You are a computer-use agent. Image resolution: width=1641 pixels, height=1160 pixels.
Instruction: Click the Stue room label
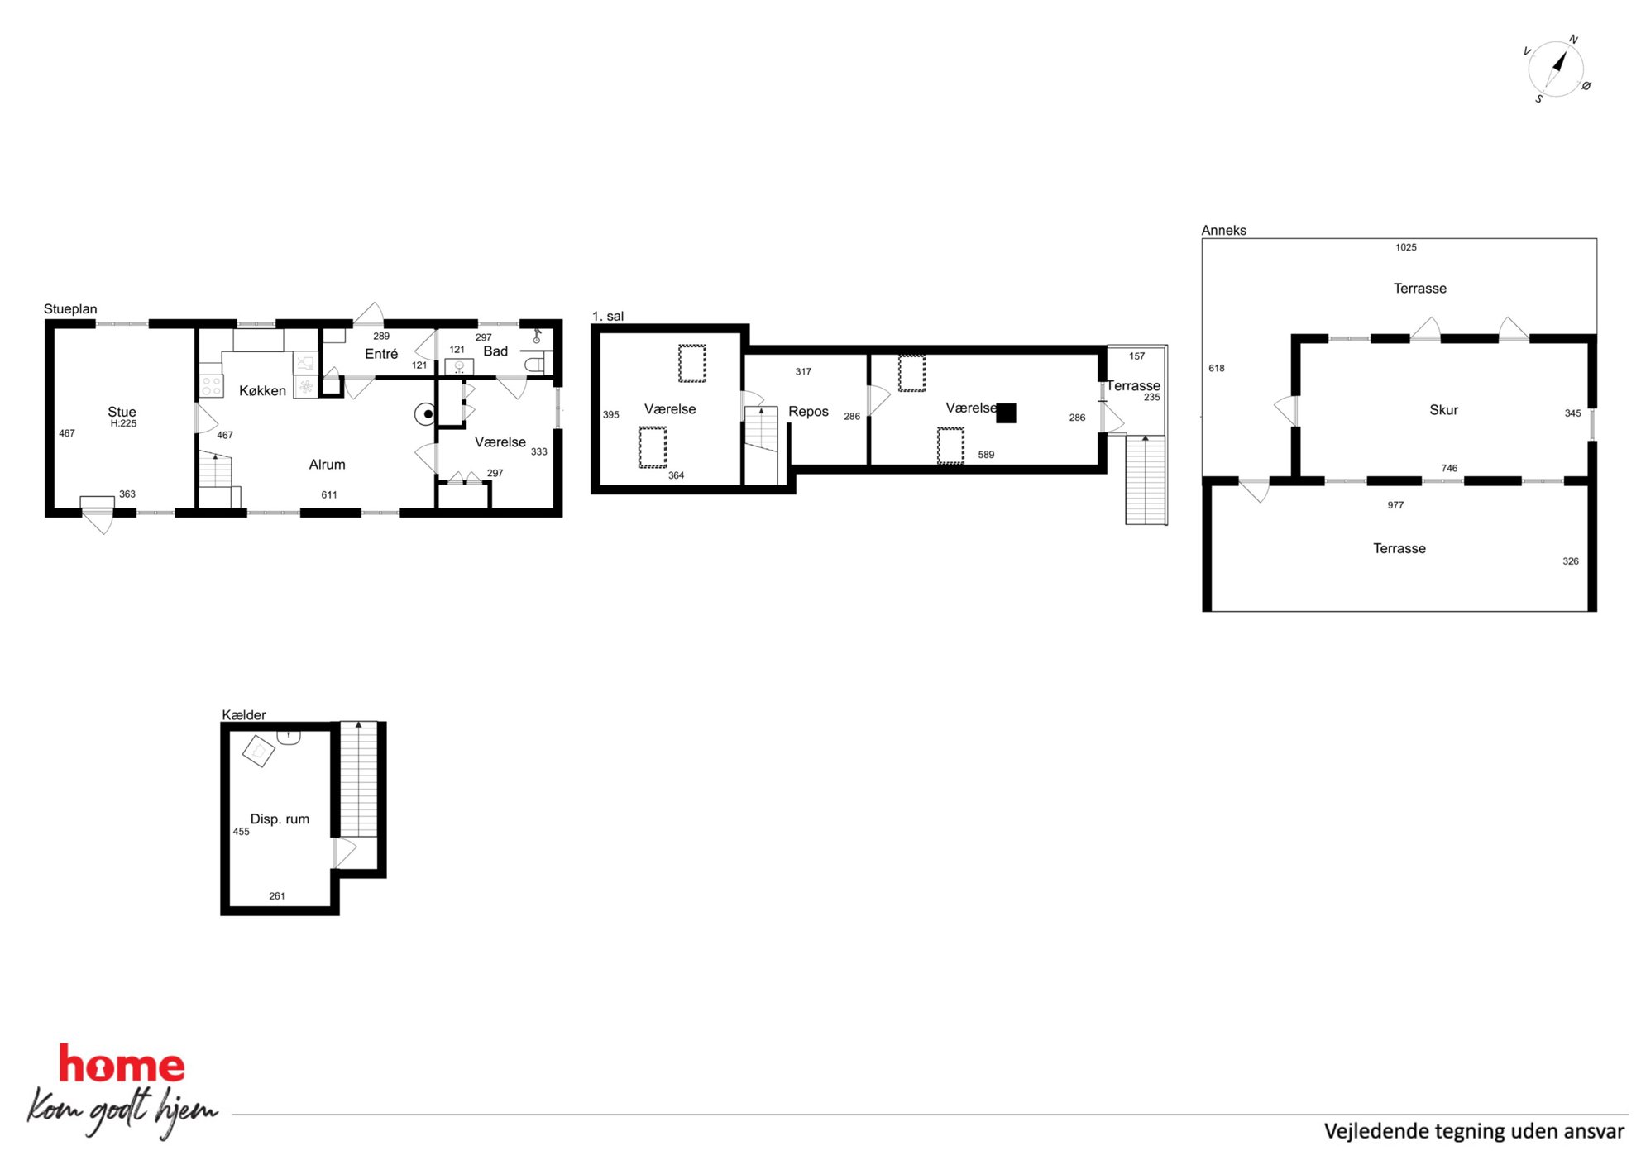click(x=122, y=412)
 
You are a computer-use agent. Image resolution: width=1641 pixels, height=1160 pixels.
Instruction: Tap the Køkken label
click(x=262, y=390)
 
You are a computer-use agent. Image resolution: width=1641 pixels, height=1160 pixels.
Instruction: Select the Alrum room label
click(x=327, y=465)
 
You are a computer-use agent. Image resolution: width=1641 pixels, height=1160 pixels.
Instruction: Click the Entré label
click(x=381, y=354)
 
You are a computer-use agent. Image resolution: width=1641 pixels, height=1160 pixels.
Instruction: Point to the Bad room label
click(x=495, y=351)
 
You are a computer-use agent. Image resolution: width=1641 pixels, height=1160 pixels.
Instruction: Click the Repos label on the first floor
click(x=808, y=412)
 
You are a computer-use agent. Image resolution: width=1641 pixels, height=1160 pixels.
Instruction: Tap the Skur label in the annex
click(x=1443, y=410)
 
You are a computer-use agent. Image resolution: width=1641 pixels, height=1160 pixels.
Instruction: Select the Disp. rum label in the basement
click(x=280, y=819)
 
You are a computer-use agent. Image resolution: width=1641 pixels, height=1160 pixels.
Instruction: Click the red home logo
click(x=122, y=1064)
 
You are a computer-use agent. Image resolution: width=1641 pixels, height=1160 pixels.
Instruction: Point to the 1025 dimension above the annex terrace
click(x=1406, y=247)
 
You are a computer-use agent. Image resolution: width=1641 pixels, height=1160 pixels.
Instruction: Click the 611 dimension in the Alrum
click(x=329, y=495)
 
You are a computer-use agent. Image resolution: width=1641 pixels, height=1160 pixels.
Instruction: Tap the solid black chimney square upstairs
click(x=1006, y=413)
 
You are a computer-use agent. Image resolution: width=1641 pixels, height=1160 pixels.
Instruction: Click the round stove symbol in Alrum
click(x=426, y=413)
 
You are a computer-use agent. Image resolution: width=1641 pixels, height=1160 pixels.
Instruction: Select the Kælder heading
click(x=244, y=715)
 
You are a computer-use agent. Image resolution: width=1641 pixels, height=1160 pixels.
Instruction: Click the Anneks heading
click(x=1223, y=231)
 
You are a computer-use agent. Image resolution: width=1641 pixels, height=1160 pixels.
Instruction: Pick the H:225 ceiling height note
click(x=123, y=424)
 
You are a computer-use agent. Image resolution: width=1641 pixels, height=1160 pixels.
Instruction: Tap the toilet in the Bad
click(x=534, y=364)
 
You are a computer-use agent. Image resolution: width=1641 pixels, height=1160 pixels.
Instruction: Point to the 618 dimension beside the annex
click(x=1217, y=369)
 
